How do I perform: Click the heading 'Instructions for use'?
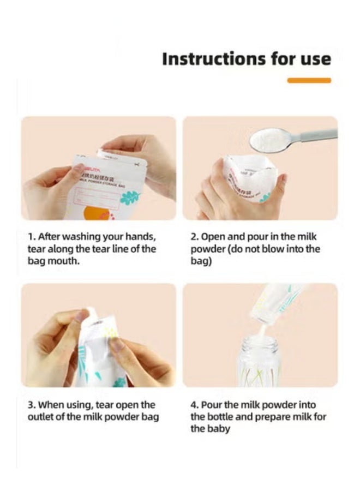click(x=246, y=59)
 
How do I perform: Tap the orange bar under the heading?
click(x=309, y=80)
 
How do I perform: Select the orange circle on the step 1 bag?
click(x=95, y=213)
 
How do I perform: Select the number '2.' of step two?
click(x=195, y=237)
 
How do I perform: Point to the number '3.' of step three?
click(x=32, y=405)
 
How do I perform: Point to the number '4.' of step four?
click(x=195, y=405)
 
